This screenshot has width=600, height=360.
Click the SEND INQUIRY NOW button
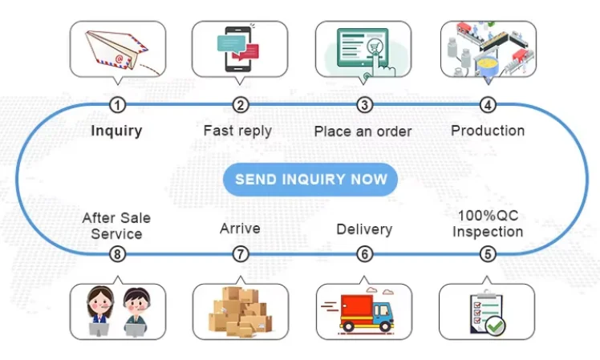point(310,180)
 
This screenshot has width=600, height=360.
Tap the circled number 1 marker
point(117,105)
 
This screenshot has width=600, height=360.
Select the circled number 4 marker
point(488,105)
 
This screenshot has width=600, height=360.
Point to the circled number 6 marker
point(364,254)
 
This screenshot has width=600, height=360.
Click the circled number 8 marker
point(117,254)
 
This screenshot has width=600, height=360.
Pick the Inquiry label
point(116,131)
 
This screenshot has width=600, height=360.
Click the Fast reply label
point(237,131)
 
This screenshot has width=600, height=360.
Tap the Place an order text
point(363,131)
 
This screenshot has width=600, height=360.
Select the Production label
point(488,131)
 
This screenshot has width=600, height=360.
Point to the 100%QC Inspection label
point(488,224)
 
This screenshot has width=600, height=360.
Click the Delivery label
point(364,229)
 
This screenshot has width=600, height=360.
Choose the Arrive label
point(240,229)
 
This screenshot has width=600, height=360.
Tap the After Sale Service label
point(116,226)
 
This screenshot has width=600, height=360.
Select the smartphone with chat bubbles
point(237,49)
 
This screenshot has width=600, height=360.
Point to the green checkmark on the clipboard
point(496,326)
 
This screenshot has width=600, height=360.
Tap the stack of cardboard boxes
point(241,312)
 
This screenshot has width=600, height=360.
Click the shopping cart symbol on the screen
point(375,47)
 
